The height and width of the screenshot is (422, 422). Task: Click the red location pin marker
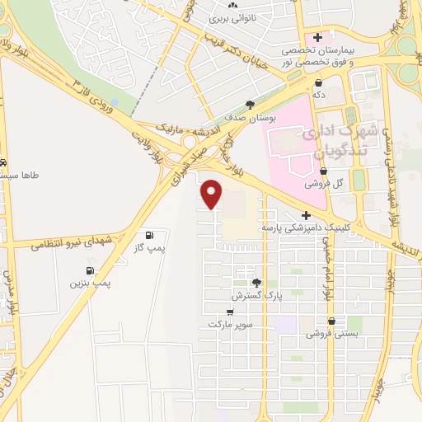tap(212, 194)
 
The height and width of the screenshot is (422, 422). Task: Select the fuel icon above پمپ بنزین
tap(88, 270)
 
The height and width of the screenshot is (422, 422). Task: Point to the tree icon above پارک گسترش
tap(256, 282)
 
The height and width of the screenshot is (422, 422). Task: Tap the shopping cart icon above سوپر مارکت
tap(230, 312)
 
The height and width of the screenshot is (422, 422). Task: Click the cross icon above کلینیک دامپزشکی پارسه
tap(305, 214)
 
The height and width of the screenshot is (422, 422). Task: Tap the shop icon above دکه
tap(317, 82)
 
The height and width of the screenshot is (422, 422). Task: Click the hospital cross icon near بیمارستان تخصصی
tap(316, 37)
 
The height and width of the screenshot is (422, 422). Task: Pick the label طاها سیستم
tap(18, 176)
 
